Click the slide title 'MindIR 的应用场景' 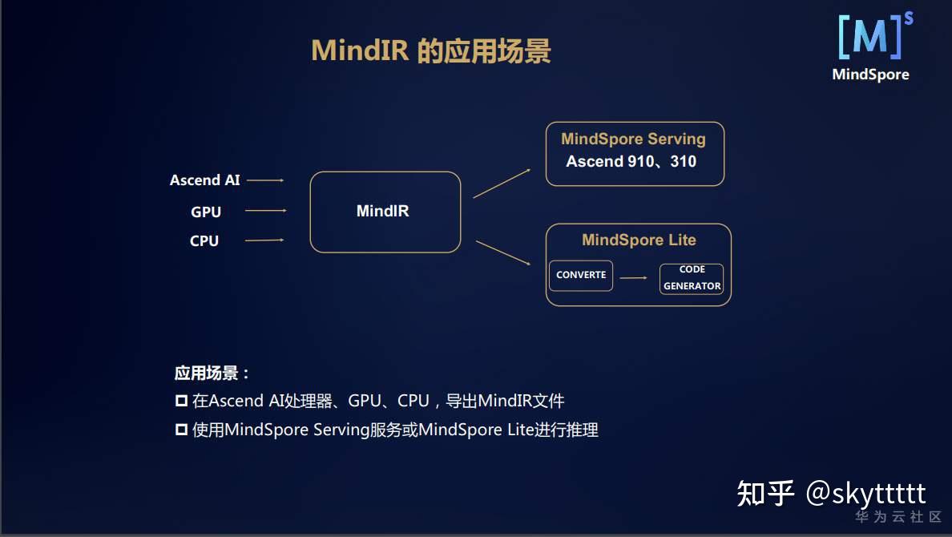click(x=431, y=51)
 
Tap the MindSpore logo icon click(x=870, y=38)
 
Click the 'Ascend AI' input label click(x=204, y=180)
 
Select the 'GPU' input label click(x=206, y=212)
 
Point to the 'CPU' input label click(x=204, y=240)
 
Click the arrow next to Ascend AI click(x=265, y=180)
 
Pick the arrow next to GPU click(x=265, y=211)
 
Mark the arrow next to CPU click(x=264, y=240)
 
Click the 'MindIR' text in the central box click(x=382, y=212)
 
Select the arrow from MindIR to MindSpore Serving click(x=502, y=184)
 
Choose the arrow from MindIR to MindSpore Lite click(x=503, y=252)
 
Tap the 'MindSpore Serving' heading click(x=633, y=139)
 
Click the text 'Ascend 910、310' click(x=631, y=161)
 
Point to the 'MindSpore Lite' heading click(x=639, y=240)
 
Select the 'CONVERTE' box click(x=581, y=275)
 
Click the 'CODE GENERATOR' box click(x=692, y=278)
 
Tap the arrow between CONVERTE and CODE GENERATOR click(x=633, y=278)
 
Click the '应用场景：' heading click(x=212, y=373)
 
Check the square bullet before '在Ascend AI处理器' click(x=181, y=401)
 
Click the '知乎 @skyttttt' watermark click(x=831, y=492)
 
